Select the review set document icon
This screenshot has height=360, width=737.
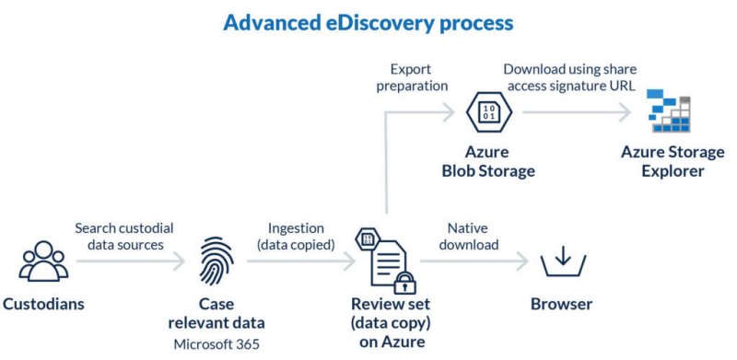click(383, 260)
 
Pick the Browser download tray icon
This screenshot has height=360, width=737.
click(561, 261)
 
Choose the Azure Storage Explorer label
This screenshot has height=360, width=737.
click(673, 161)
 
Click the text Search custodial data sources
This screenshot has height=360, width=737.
click(124, 237)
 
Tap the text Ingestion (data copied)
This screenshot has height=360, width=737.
click(299, 237)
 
